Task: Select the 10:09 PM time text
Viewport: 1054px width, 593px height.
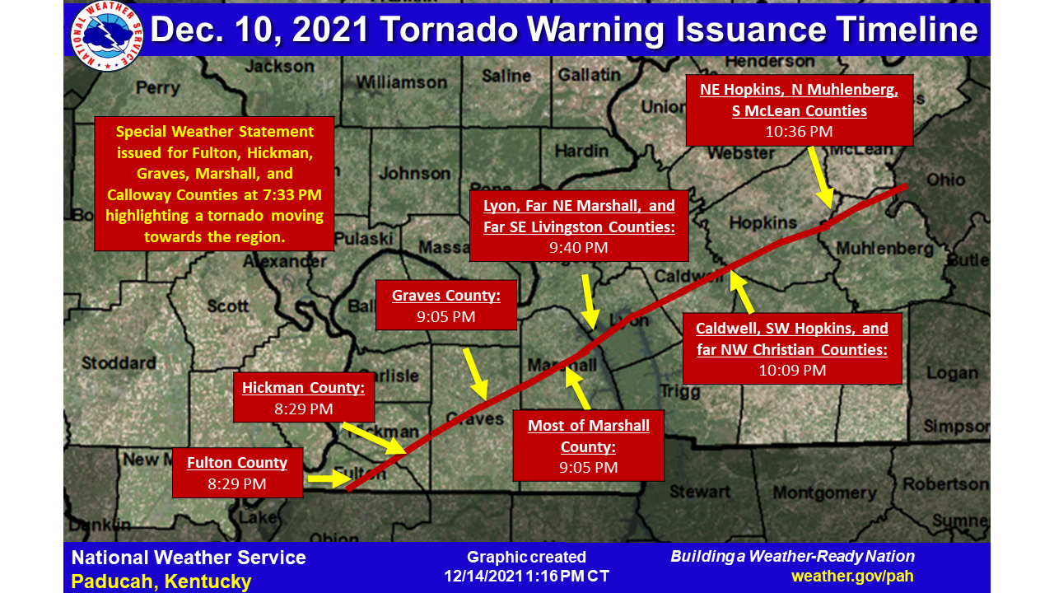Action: (x=791, y=371)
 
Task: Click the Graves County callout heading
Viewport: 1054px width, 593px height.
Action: (x=445, y=296)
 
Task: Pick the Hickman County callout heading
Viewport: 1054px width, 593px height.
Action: (x=303, y=388)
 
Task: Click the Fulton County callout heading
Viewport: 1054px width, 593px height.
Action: (x=237, y=463)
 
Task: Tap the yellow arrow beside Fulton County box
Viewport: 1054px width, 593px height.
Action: (x=325, y=479)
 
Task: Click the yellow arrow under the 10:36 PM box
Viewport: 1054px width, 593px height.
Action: (x=819, y=177)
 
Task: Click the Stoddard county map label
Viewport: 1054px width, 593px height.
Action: (x=119, y=362)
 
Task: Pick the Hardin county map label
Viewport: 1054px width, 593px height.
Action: (x=581, y=152)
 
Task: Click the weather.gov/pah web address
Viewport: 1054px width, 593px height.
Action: (x=852, y=577)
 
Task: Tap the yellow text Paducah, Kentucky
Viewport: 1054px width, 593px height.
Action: (x=161, y=581)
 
